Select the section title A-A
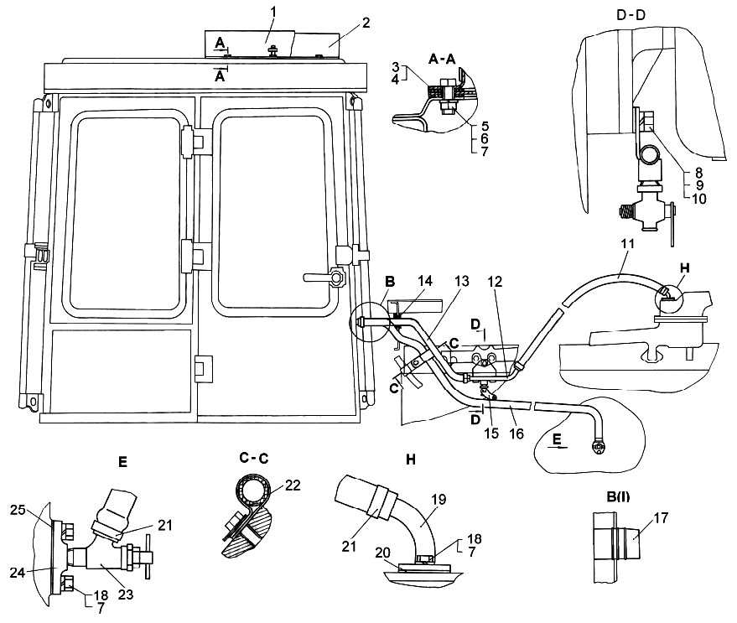[x=442, y=59]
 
